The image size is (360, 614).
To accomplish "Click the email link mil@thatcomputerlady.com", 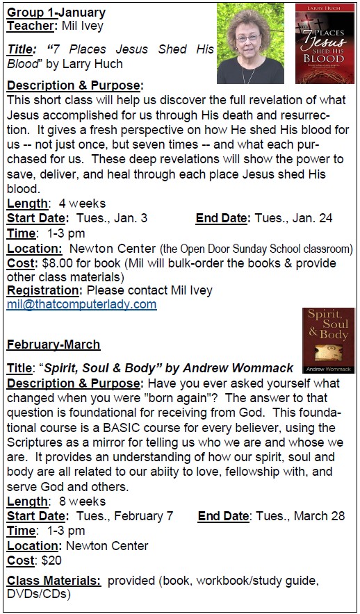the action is (x=81, y=304).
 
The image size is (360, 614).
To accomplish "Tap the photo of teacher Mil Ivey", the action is (x=250, y=43).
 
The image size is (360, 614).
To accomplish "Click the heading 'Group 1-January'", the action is (x=56, y=13).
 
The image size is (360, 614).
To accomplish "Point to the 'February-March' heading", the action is (x=53, y=345).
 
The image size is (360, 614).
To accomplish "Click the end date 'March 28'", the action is (x=315, y=516).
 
